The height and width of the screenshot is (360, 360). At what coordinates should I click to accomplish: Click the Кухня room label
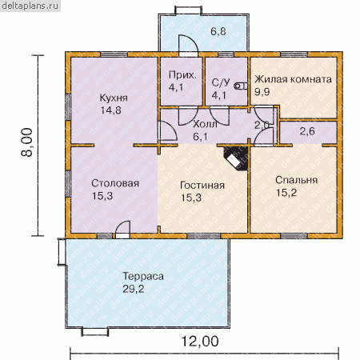(114, 98)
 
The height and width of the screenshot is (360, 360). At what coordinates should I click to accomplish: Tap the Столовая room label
(115, 183)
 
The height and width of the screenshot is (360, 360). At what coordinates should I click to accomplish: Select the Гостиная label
(202, 186)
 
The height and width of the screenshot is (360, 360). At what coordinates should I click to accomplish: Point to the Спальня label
(296, 180)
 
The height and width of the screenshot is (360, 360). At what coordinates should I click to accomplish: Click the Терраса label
(143, 276)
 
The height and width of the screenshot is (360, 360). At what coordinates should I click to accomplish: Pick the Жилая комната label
(293, 79)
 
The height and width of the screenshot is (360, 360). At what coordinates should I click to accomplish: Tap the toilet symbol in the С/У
(241, 86)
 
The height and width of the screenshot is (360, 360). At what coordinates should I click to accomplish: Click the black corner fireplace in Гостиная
(236, 158)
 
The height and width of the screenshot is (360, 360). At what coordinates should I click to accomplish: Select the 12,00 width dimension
(200, 342)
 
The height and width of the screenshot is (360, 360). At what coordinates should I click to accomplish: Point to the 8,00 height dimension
(27, 142)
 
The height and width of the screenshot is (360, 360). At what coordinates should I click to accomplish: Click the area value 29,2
(134, 289)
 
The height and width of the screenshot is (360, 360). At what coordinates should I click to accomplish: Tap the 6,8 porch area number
(218, 31)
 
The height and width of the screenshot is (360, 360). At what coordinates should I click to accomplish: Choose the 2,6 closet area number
(307, 131)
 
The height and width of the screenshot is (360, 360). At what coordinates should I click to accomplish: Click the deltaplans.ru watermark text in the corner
(30, 6)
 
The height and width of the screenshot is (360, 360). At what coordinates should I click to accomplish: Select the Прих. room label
(182, 75)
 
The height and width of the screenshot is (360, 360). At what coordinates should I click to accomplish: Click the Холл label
(205, 124)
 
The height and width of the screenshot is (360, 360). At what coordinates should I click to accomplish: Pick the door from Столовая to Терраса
(122, 230)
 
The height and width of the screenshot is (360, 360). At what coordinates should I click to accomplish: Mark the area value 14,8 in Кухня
(111, 110)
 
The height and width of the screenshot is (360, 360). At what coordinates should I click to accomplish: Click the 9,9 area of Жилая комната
(262, 92)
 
